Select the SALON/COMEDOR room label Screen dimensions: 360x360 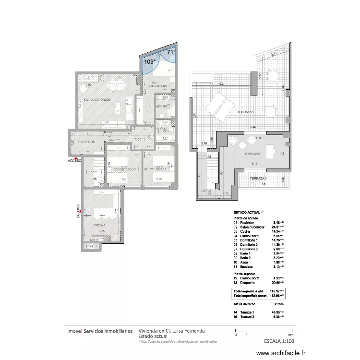click(x=97, y=99)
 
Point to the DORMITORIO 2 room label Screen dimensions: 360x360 click(x=123, y=169)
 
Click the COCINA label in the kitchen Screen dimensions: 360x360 click(x=100, y=225)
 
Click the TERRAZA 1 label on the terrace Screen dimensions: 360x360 click(x=246, y=112)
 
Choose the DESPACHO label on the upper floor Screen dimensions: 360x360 click(x=252, y=154)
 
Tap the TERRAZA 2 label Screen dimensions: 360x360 click(x=258, y=179)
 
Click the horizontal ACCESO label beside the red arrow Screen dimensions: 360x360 click(x=74, y=161)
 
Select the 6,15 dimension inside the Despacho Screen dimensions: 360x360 click(x=255, y=164)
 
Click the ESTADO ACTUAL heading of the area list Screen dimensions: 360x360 click(x=247, y=212)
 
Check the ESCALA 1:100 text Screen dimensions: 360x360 click(x=279, y=342)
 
